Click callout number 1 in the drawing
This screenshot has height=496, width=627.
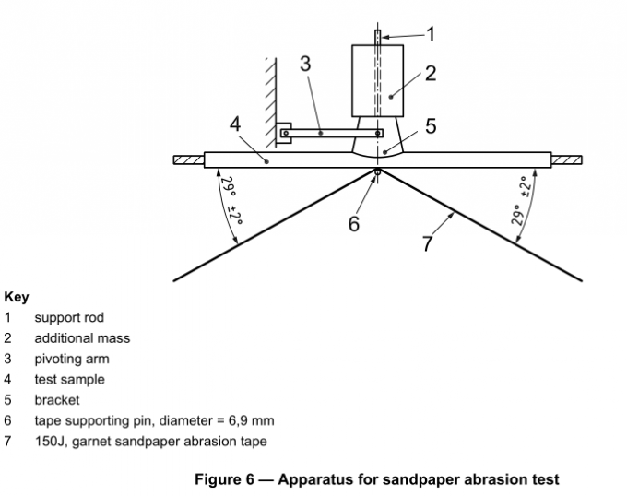(430, 34)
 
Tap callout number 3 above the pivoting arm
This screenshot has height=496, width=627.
(305, 64)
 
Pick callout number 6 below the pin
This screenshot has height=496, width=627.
(353, 223)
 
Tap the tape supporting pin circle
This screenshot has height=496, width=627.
(378, 171)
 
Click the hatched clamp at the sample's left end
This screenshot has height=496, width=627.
(188, 160)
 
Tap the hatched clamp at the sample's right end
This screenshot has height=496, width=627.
(567, 160)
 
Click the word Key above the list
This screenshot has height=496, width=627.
(17, 298)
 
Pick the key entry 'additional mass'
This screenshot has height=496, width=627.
(82, 338)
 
